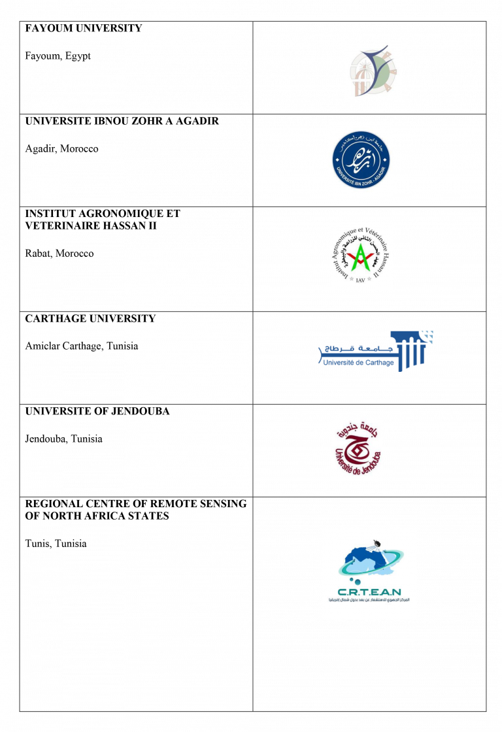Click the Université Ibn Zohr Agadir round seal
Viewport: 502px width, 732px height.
[x=360, y=161]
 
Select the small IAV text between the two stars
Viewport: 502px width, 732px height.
[x=361, y=279]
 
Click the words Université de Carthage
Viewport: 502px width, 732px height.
[x=358, y=362]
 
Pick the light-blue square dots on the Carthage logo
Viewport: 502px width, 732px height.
[x=428, y=337]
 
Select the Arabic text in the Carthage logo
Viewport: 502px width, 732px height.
[x=356, y=349]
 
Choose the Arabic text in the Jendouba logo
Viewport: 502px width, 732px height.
[x=357, y=428]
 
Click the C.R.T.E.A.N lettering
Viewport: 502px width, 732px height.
[x=369, y=591]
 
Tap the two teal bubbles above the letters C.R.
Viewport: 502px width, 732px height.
[x=354, y=580]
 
